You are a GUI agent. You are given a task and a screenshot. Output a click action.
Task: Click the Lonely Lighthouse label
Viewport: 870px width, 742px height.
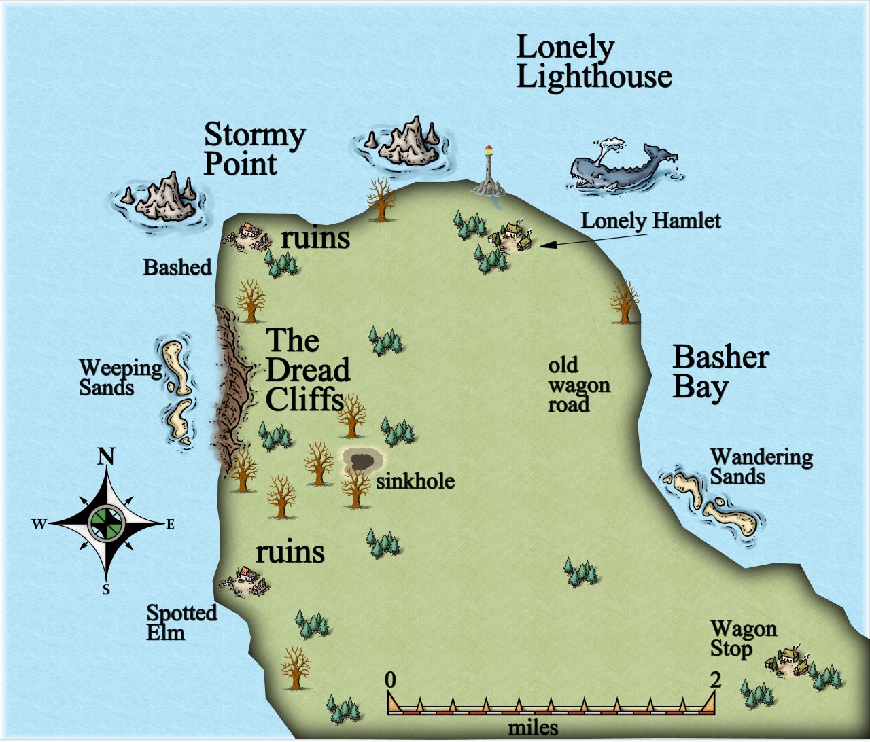pos(593,63)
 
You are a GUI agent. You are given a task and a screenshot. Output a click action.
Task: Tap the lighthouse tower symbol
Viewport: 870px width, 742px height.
pos(488,170)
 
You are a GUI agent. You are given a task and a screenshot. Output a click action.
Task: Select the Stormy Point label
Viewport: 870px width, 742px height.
pos(254,149)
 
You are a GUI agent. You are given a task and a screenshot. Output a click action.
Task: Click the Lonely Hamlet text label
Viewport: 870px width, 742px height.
pos(650,221)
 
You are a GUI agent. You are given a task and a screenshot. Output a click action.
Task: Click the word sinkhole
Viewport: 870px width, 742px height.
pos(415,482)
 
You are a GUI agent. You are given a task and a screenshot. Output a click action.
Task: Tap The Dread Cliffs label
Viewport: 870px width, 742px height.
pos(307,370)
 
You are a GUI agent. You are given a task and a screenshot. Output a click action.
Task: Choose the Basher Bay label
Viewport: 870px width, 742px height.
pos(720,372)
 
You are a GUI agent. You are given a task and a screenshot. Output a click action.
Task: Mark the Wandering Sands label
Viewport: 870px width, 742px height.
pos(761,467)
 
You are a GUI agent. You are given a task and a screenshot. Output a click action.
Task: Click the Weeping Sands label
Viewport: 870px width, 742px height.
pos(120,378)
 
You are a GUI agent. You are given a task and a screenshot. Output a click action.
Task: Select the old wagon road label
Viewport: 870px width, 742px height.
pos(578,385)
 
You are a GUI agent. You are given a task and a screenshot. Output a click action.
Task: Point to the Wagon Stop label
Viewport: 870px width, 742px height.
pos(743,639)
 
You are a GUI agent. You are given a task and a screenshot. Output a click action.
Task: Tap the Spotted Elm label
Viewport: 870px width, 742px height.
pos(181,622)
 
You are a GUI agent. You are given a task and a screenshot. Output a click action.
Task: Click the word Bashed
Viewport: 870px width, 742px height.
pos(177,268)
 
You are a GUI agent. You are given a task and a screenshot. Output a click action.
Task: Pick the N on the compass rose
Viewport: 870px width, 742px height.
pos(106,457)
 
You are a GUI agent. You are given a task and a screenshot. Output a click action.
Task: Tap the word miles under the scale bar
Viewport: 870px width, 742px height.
pos(533,728)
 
